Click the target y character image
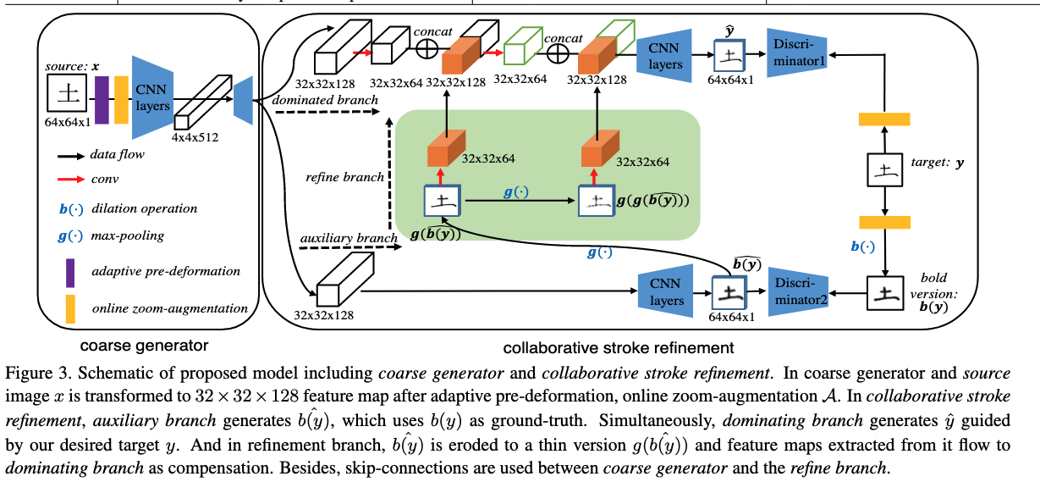(x=883, y=171)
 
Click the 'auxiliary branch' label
(x=336, y=235)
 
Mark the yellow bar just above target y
(x=883, y=119)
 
